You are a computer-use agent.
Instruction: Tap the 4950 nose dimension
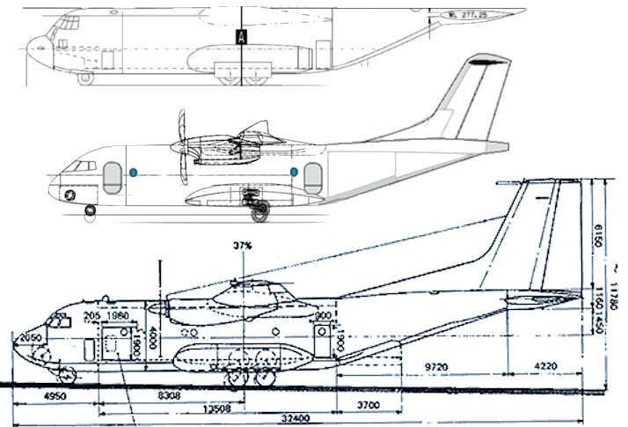coord(55,397)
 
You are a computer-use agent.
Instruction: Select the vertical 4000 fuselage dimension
coord(152,335)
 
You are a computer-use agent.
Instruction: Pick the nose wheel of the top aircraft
coord(85,78)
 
